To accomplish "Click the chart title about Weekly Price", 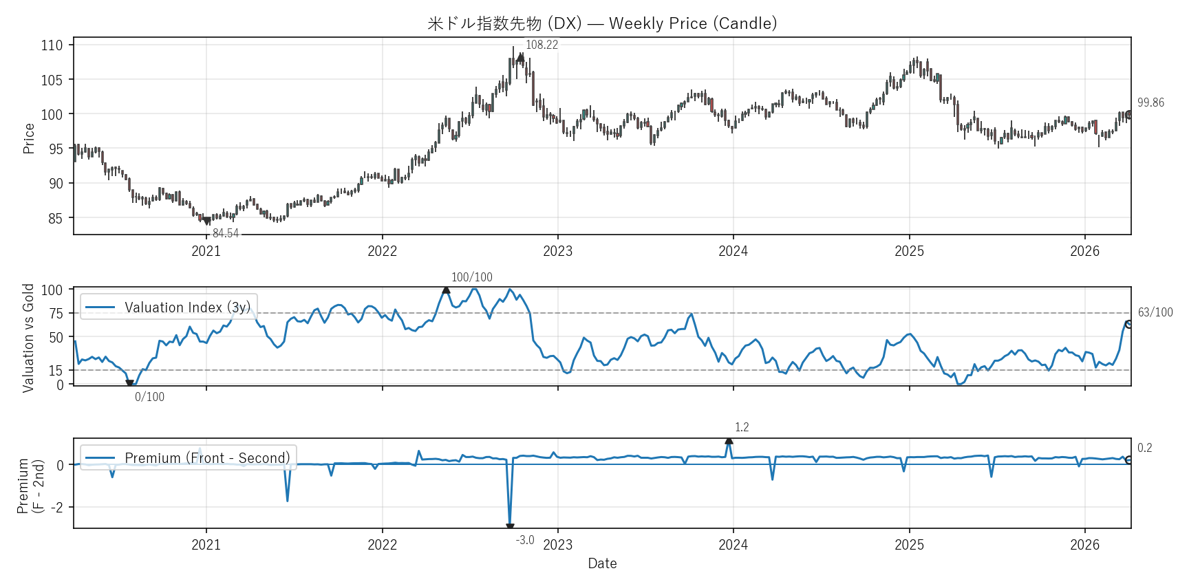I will [x=602, y=23].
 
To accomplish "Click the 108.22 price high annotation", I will [x=542, y=45].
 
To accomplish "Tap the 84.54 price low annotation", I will [x=225, y=233].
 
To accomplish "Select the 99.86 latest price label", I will [x=1150, y=102].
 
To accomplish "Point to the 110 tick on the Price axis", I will [x=52, y=45].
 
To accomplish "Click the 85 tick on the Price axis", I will [x=55, y=219].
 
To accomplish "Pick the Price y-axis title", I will [x=28, y=138].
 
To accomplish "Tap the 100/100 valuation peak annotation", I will [x=471, y=277].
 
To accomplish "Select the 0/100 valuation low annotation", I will [x=149, y=397].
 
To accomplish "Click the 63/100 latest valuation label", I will [x=1155, y=312].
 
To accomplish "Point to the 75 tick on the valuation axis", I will [x=56, y=314].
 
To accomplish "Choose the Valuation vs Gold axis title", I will [x=28, y=338].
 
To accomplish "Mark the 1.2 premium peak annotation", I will [x=742, y=427].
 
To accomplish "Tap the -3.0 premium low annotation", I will [x=525, y=540].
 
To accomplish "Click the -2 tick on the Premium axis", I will [x=58, y=507].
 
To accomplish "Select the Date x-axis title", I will [x=602, y=563].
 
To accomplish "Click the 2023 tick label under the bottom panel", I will [x=557, y=545].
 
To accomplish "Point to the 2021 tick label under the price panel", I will [x=206, y=251].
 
